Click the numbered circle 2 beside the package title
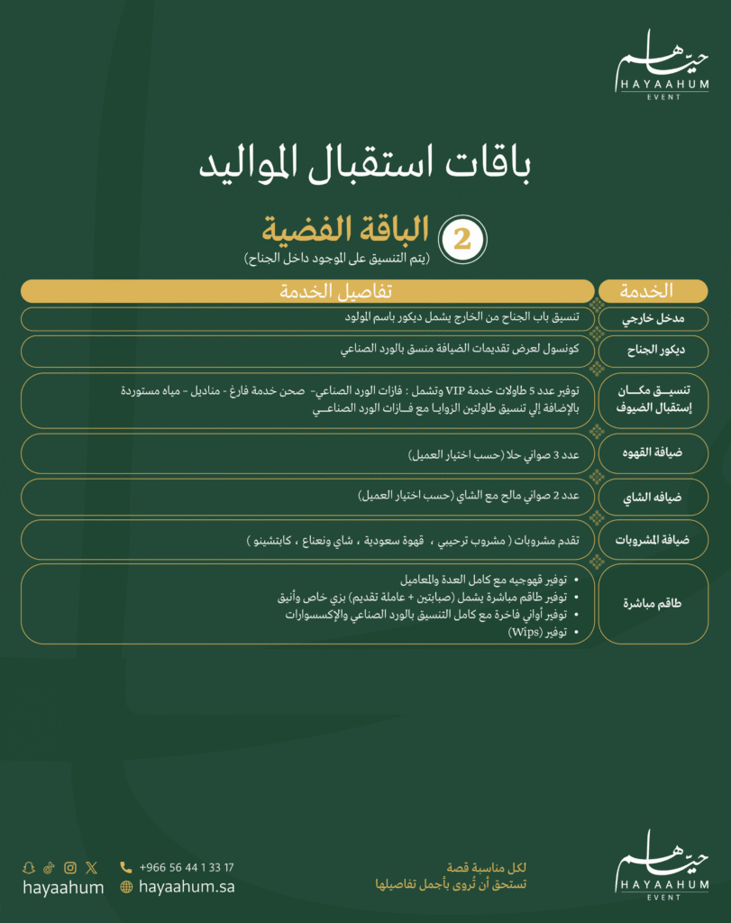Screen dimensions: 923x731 462,238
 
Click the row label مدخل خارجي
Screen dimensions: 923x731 653,319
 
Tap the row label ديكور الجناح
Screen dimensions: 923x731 653,352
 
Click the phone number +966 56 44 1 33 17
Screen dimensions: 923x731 187,868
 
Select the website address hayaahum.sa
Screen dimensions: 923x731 187,887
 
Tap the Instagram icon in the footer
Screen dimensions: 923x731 69,868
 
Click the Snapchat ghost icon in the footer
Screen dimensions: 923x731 29,868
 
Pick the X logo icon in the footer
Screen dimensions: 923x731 91,868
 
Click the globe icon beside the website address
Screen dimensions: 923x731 126,887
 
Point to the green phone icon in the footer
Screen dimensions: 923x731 126,868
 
